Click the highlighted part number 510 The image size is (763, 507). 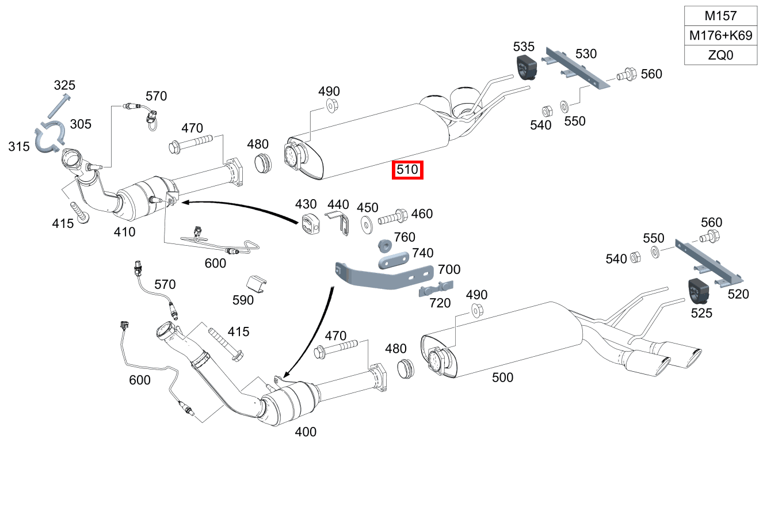pos(407,170)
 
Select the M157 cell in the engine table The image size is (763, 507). pos(720,16)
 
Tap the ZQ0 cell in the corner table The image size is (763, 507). pos(720,56)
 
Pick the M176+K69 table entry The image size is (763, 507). pos(720,36)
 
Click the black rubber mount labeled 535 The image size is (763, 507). pos(525,68)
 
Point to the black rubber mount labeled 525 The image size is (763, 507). pos(699,292)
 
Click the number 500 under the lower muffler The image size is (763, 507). pos(502,378)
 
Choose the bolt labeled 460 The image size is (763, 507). pos(392,219)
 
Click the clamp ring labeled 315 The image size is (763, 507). pos(46,141)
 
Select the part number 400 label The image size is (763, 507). pos(305,432)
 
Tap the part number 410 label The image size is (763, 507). pos(124,232)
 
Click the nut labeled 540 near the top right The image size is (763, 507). pos(547,109)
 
